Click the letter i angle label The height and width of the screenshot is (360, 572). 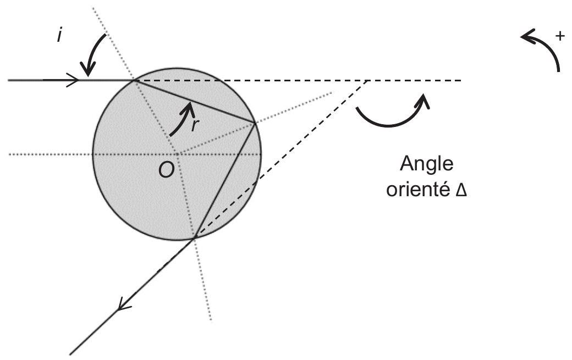click(x=59, y=35)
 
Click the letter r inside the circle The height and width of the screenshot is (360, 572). click(x=195, y=125)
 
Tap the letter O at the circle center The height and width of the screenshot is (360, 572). click(x=166, y=170)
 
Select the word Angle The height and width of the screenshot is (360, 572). click(x=426, y=165)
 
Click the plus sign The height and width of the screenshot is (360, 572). click(x=559, y=36)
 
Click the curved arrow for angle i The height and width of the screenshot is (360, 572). click(x=94, y=51)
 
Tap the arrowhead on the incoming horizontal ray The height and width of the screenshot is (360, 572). click(x=73, y=80)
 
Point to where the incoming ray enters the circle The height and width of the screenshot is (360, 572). click(x=135, y=80)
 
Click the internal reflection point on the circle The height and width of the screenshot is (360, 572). click(x=255, y=122)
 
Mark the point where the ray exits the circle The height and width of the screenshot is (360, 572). click(x=194, y=239)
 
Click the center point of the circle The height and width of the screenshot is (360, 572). click(x=178, y=154)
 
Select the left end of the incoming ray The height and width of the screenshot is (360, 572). click(x=8, y=80)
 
